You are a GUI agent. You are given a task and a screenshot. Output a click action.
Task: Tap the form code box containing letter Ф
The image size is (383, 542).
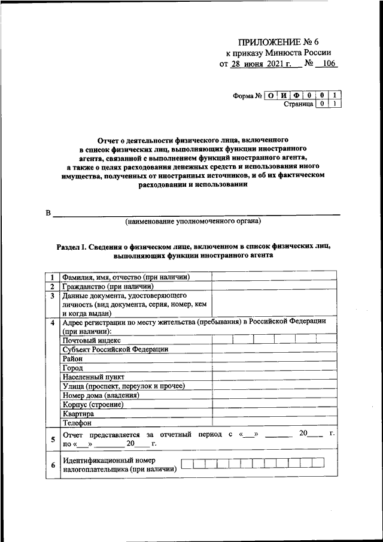click(294, 95)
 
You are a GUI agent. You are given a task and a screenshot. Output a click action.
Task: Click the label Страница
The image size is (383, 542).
click(298, 104)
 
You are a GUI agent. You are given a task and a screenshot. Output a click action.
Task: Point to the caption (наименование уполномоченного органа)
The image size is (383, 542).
click(193, 222)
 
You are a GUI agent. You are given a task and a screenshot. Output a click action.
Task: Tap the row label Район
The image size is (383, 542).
click(73, 358)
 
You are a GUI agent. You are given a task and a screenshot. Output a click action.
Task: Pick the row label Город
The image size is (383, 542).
click(72, 367)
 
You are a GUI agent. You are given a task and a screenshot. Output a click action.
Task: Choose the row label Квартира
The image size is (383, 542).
click(78, 414)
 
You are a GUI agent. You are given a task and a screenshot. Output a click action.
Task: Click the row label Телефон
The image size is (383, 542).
click(77, 423)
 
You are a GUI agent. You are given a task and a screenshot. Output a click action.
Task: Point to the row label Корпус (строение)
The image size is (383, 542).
click(93, 404)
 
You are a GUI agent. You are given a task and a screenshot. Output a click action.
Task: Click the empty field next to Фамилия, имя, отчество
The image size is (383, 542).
click(273, 277)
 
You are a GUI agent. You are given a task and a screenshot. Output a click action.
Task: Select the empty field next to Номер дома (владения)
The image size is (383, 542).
click(273, 395)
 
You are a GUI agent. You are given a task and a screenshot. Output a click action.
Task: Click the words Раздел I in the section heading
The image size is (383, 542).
click(71, 246)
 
